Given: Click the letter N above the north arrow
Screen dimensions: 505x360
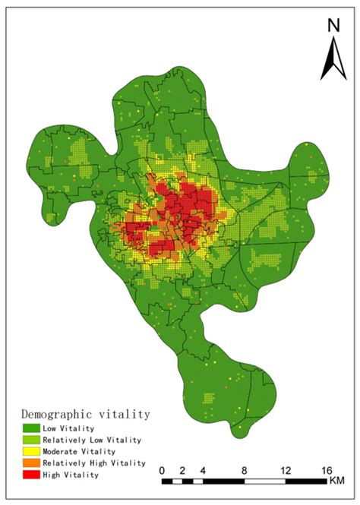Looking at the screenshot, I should (333, 25).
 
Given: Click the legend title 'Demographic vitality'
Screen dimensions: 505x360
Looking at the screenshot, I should (84, 415).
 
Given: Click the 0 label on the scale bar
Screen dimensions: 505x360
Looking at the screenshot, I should (163, 471).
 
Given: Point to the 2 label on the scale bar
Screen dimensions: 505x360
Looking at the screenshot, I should (182, 471).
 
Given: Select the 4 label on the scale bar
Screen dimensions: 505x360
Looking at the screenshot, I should (202, 471).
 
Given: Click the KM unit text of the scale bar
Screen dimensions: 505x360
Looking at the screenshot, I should (337, 481).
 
